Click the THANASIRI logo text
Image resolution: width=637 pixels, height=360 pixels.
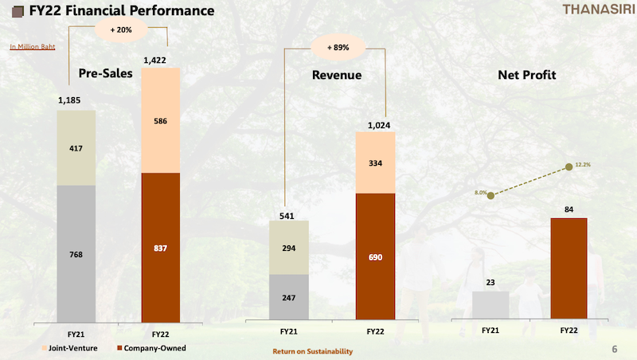click(600, 10)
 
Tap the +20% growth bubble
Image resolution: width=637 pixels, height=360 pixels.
click(121, 29)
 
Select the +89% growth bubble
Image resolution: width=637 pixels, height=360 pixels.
click(338, 48)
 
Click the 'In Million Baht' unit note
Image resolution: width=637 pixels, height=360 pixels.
click(33, 47)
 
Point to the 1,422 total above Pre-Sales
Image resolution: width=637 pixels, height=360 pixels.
click(154, 61)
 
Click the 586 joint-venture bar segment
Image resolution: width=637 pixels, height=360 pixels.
click(161, 121)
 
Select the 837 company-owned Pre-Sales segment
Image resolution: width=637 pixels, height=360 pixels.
click(161, 248)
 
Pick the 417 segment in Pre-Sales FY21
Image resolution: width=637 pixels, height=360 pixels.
click(76, 148)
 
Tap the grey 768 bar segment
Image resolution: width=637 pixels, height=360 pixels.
click(76, 254)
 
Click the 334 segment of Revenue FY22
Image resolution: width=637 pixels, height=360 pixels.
click(375, 163)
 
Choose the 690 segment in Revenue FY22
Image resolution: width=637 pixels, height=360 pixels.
click(375, 256)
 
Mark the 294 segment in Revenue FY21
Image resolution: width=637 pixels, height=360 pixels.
click(289, 248)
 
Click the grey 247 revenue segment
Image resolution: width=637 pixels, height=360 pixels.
click(289, 297)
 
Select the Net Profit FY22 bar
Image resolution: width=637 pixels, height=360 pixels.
click(569, 268)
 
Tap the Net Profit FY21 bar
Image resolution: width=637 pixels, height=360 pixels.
click(490, 305)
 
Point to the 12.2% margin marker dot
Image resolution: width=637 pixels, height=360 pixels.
click(569, 166)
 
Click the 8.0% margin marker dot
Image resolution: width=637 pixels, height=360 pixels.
click(490, 196)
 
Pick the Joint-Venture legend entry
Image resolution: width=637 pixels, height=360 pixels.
click(69, 348)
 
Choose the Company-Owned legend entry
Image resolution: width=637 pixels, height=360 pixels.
click(151, 348)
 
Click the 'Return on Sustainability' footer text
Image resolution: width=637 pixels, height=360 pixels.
click(312, 351)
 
